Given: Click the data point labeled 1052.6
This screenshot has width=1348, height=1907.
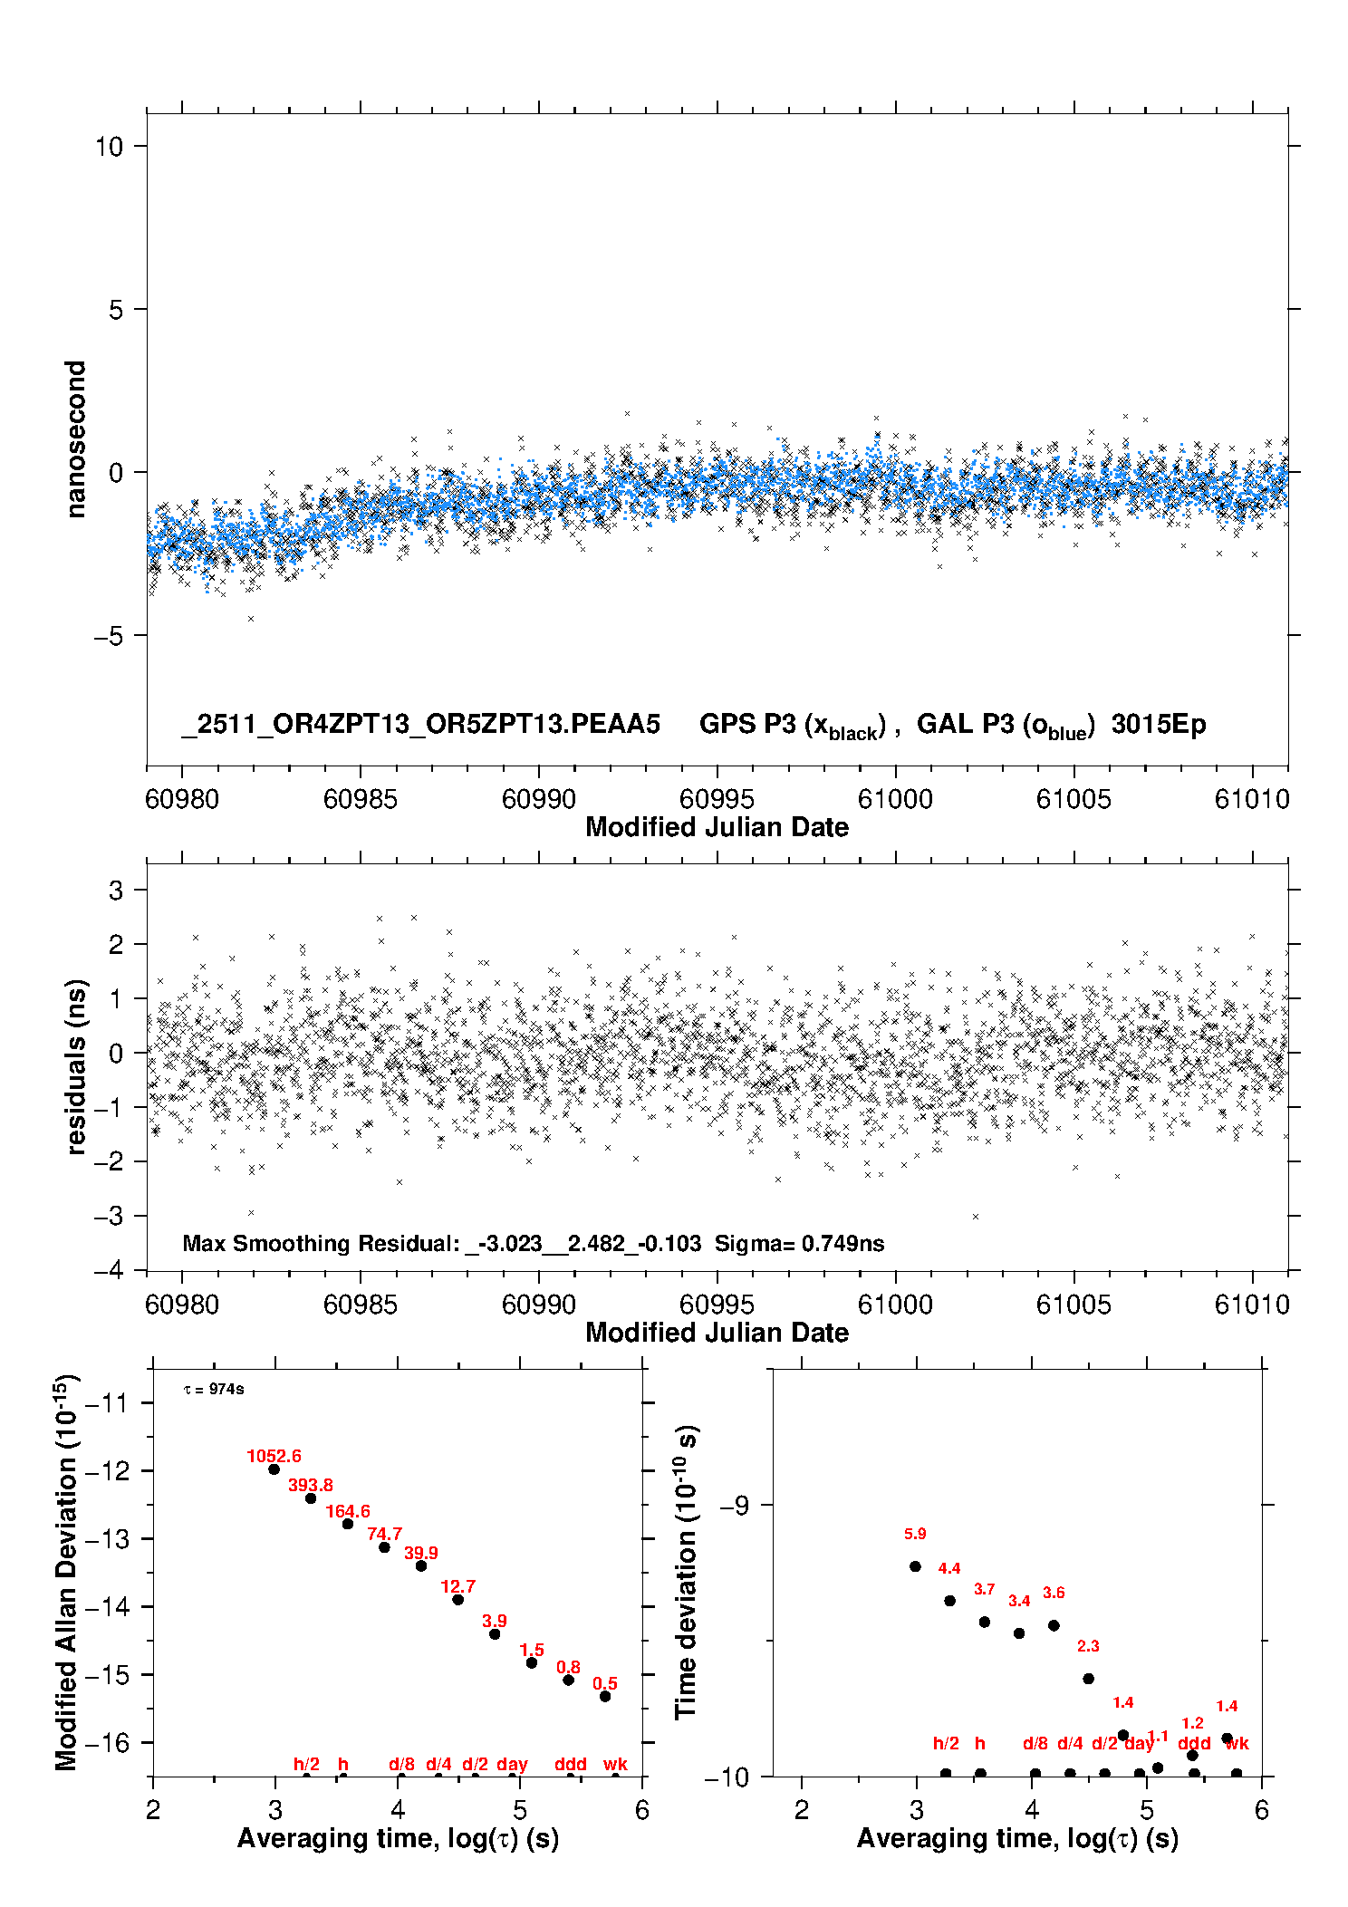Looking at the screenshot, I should (274, 1469).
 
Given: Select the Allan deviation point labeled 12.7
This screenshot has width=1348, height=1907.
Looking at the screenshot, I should (458, 1600).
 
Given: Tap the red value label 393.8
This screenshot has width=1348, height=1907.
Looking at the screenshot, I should (311, 1485).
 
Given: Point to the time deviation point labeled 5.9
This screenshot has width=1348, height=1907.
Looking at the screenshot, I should (915, 1566).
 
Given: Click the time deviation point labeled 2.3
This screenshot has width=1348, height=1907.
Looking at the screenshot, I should (1089, 1679).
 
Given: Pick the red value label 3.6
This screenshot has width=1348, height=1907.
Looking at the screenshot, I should (1054, 1593).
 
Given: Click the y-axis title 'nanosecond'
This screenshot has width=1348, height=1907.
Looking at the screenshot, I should (76, 439).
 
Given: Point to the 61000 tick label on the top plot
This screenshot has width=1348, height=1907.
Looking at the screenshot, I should (895, 799).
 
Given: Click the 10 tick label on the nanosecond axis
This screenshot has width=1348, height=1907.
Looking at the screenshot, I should (109, 147).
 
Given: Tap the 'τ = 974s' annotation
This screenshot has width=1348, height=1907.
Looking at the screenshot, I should (214, 1389).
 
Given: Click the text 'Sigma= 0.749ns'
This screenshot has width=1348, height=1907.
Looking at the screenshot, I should (799, 1243).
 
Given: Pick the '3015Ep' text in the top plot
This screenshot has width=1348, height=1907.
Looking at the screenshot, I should (1159, 725).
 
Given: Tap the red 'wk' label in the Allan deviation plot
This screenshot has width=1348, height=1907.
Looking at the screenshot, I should (615, 1764).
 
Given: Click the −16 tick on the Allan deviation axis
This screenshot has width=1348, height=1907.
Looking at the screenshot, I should (106, 1742).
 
